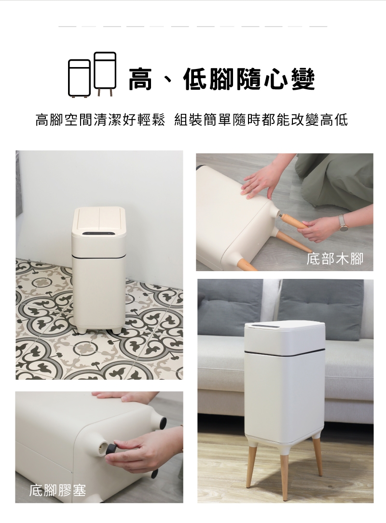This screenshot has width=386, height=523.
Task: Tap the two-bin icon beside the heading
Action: pyautogui.click(x=93, y=74)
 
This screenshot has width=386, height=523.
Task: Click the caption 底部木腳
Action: pyautogui.click(x=335, y=259)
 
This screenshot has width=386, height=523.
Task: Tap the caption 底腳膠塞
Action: pyautogui.click(x=57, y=490)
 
